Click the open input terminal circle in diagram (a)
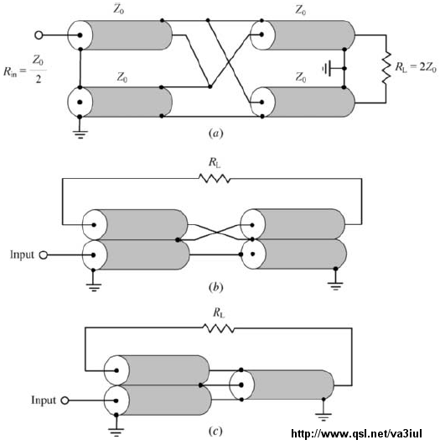pyautogui.click(x=39, y=35)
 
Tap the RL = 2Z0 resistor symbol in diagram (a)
pyautogui.click(x=386, y=68)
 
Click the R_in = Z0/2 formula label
pyautogui.click(x=25, y=69)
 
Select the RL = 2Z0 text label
pyautogui.click(x=416, y=67)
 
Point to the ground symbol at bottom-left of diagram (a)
pyautogui.click(x=80, y=134)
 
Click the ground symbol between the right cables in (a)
pyautogui.click(x=327, y=68)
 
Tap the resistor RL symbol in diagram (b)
pyautogui.click(x=215, y=179)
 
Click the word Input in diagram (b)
pyautogui.click(x=22, y=254)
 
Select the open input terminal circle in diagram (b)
pyautogui.click(x=43, y=255)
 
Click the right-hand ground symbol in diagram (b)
pyautogui.click(x=335, y=285)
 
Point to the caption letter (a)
pyautogui.click(x=215, y=133)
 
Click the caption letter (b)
pyautogui.click(x=215, y=287)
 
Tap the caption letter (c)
pyautogui.click(x=215, y=432)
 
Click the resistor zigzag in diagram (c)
pyautogui.click(x=219, y=328)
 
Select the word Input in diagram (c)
pyautogui.click(x=44, y=400)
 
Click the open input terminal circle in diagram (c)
pyautogui.click(x=65, y=400)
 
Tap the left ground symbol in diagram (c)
pyautogui.click(x=116, y=432)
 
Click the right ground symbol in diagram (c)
pyautogui.click(x=324, y=417)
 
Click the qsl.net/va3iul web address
pyautogui.click(x=357, y=433)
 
